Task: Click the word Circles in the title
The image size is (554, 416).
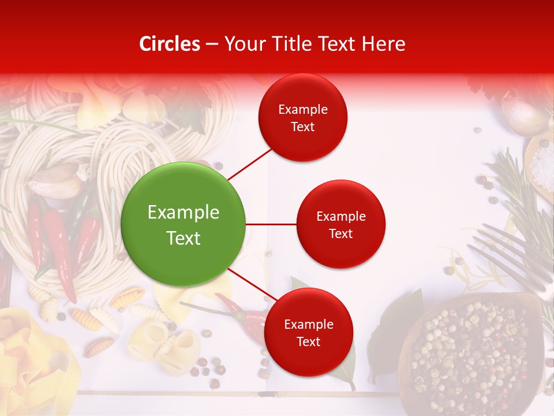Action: [x=169, y=44]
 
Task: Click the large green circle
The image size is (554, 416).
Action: [x=184, y=224]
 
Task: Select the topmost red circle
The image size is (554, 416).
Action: [x=303, y=117]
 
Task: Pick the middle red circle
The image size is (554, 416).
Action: [x=340, y=224]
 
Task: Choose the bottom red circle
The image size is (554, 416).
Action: [x=308, y=332]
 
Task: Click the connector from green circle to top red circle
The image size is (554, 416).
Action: [x=249, y=164]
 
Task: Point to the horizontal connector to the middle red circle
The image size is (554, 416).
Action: [x=271, y=224]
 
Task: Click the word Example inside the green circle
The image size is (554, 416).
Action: [x=184, y=213]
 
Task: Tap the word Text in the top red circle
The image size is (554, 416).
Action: [x=303, y=127]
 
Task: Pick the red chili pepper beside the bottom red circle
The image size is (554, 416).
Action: [x=242, y=315]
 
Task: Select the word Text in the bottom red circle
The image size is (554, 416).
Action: [x=308, y=341]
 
